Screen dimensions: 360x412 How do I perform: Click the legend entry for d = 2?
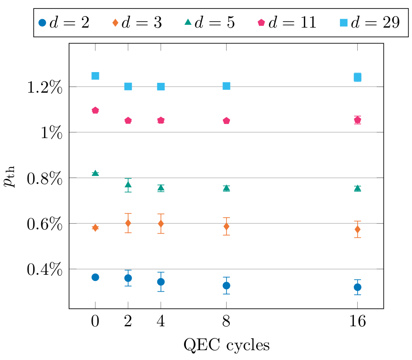tap(63, 22)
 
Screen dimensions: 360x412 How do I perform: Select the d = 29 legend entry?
tap(370, 22)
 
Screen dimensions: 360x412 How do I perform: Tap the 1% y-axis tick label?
tap(50, 132)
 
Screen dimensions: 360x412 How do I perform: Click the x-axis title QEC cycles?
tap(227, 345)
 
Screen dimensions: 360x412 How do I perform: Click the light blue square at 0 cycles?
tap(95, 76)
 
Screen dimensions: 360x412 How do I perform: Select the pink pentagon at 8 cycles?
tap(226, 121)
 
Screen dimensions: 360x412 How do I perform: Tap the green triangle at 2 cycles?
tap(128, 184)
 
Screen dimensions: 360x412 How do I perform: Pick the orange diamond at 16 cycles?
tap(357, 229)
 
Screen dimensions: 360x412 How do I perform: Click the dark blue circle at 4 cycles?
tap(161, 282)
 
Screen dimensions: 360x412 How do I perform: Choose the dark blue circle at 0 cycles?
tap(95, 277)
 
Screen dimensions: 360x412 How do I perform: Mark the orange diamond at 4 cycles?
tap(161, 223)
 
